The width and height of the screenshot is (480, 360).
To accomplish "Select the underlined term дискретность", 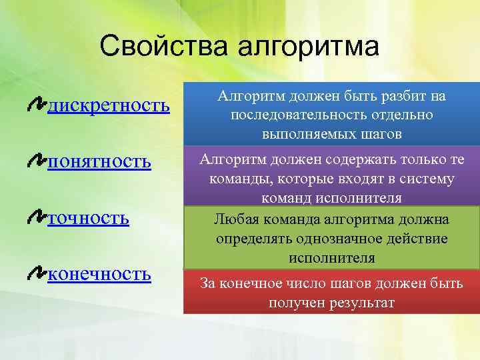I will [107, 105].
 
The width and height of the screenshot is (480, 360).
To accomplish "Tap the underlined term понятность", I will [99, 161].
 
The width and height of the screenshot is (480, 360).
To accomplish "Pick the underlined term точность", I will [88, 218].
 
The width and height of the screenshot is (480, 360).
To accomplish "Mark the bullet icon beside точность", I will [37, 217].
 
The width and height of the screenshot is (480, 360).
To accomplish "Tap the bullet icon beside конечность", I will [37, 273].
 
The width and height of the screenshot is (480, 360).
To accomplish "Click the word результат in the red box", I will [362, 303].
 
